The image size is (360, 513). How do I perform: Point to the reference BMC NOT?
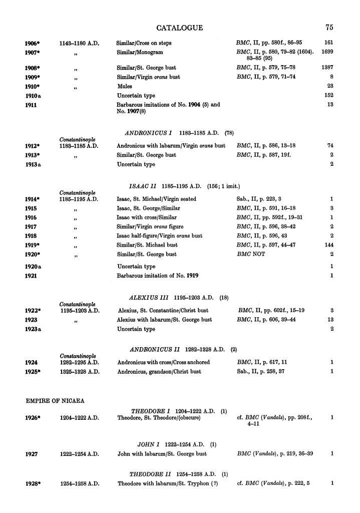tap(250, 254)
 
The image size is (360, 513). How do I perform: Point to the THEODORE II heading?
tap(151, 474)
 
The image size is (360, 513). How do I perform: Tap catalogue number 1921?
tap(32, 276)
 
